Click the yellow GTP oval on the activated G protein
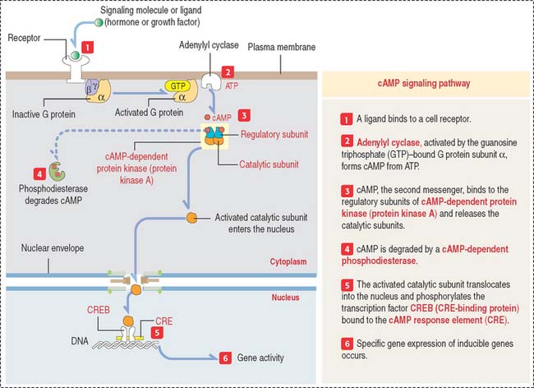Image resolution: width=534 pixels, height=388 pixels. pyautogui.click(x=177, y=85)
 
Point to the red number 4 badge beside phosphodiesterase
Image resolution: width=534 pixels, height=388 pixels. pyautogui.click(x=39, y=173)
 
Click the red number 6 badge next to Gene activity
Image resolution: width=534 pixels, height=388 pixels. pyautogui.click(x=225, y=358)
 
